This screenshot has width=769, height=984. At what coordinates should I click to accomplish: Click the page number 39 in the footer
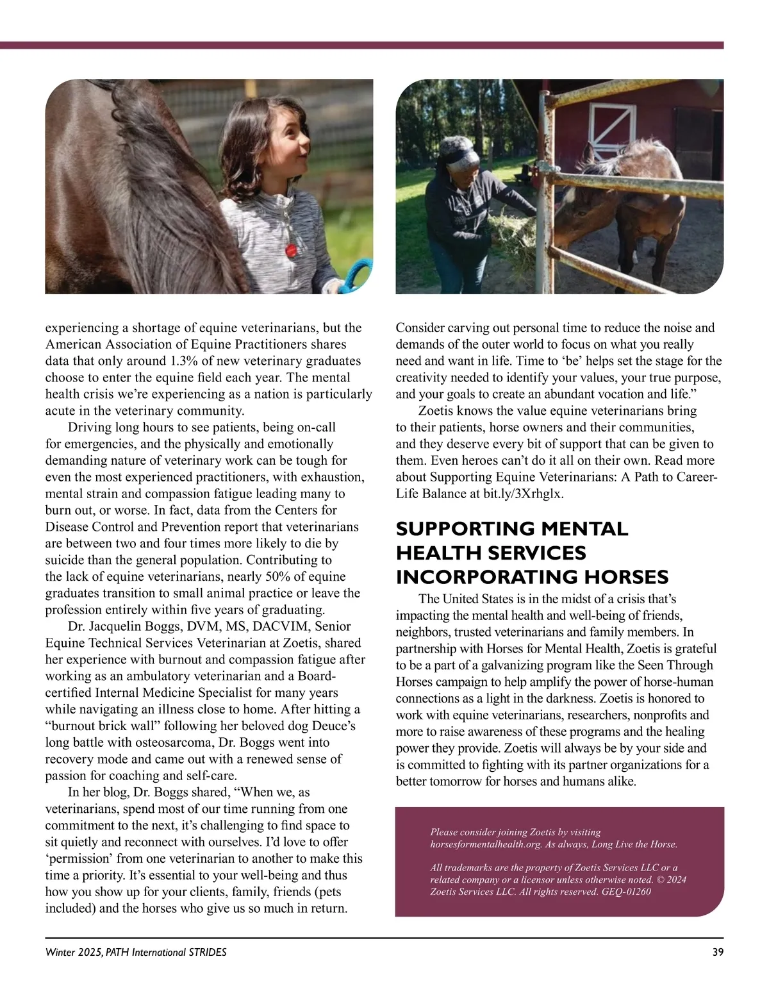coord(718,952)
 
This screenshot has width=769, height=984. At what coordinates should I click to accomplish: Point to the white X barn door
coord(612,126)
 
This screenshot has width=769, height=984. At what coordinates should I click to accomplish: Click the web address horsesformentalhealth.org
coord(486,844)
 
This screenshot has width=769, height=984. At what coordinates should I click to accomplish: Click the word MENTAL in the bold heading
coord(584,529)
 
